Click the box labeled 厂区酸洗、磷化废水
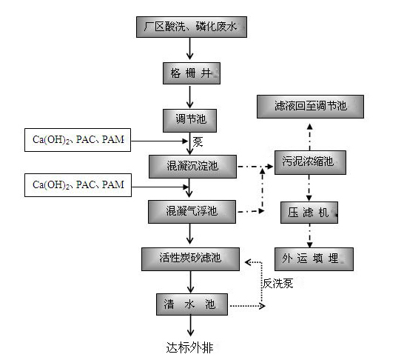tap(190, 28)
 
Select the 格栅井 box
tap(191, 73)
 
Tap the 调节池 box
tap(191, 119)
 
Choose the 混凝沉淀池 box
tap(191, 164)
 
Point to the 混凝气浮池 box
tap(191, 211)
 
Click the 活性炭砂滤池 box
tap(191, 259)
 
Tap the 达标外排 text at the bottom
tap(191, 346)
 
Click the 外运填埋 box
tap(310, 259)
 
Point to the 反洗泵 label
tap(277, 283)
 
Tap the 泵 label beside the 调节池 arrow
tap(198, 141)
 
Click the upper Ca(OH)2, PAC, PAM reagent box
tap(78, 139)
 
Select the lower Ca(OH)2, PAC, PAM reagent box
tap(78, 184)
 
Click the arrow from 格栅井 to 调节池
tap(191, 96)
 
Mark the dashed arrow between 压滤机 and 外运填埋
tap(310, 236)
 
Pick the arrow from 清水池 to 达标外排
tap(191, 326)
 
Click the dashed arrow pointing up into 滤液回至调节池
tap(310, 133)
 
